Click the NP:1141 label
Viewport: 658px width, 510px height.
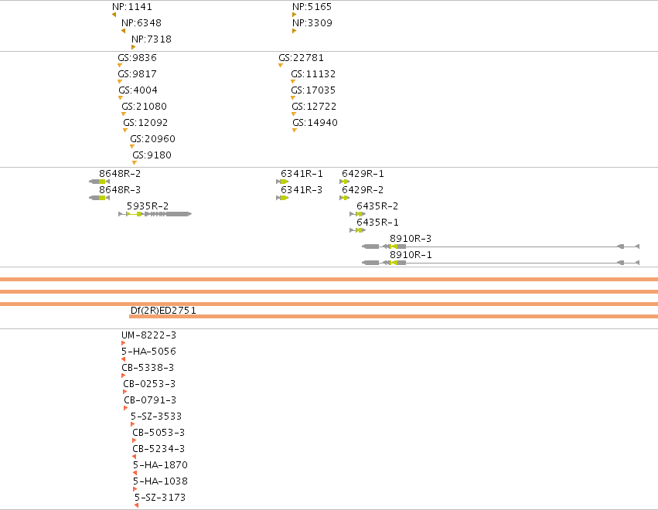point(132,7)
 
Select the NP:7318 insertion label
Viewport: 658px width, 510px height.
point(152,39)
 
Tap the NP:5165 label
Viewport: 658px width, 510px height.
point(312,7)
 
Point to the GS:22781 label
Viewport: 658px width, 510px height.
point(301,57)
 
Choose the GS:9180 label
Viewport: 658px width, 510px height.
point(152,155)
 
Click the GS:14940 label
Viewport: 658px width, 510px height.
point(315,122)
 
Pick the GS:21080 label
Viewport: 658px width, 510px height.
point(144,106)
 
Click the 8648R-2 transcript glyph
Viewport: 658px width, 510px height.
point(99,182)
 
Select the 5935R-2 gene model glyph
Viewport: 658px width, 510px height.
point(155,214)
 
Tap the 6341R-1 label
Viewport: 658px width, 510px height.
point(302,174)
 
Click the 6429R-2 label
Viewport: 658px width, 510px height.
point(363,189)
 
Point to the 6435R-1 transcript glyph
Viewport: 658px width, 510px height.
point(357,230)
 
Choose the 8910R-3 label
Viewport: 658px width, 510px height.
point(411,238)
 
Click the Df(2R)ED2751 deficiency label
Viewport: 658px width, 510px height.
point(163,311)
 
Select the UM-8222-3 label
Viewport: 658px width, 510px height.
point(148,335)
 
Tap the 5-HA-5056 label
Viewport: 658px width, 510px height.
point(148,351)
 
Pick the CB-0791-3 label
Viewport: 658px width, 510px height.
point(150,399)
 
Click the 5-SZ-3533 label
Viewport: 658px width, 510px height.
point(156,416)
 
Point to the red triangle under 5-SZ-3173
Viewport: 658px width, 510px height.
point(136,505)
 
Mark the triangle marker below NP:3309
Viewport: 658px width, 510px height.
point(294,31)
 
